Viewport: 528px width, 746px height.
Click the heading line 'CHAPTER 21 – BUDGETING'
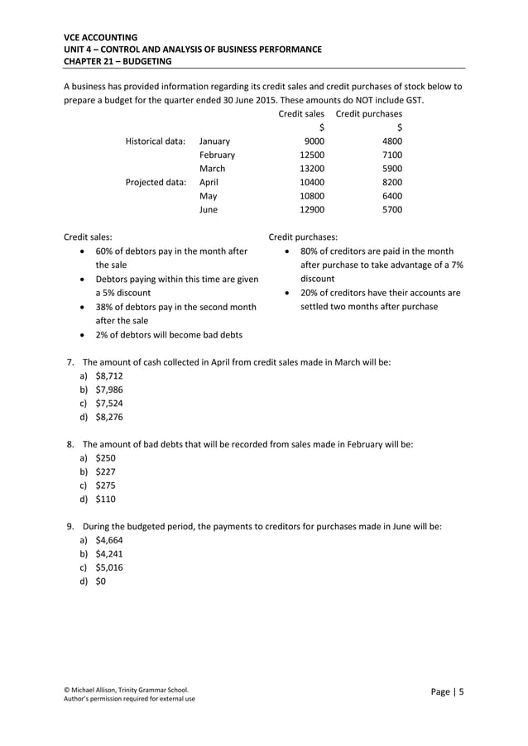118,61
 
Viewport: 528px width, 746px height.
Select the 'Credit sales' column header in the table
300,113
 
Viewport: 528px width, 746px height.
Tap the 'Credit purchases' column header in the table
368,113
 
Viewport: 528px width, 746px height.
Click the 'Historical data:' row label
155,141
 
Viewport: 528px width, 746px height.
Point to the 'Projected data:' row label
156,182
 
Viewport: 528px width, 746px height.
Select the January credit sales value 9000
313,141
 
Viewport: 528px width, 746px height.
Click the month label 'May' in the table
208,196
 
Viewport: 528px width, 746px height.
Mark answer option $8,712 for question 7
109,375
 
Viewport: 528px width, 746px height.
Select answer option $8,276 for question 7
109,417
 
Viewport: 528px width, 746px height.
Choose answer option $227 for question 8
106,471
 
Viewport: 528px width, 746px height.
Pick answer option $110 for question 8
106,499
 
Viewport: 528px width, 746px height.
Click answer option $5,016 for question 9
109,567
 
